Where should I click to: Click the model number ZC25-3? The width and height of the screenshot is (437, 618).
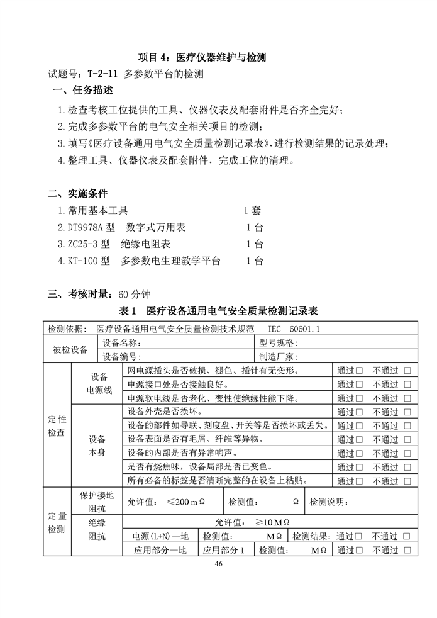pyautogui.click(x=89, y=244)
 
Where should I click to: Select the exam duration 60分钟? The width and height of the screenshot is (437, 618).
pyautogui.click(x=133, y=294)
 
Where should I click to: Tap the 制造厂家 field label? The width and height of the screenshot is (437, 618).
pyautogui.click(x=280, y=357)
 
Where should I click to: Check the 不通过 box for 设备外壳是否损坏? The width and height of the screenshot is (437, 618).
pyautogui.click(x=407, y=412)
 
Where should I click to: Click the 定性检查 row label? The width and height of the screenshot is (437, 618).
pyautogui.click(x=57, y=425)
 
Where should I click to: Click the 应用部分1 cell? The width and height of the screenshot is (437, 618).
pyautogui.click(x=224, y=550)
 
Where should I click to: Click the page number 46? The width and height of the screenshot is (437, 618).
pyautogui.click(x=218, y=564)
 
